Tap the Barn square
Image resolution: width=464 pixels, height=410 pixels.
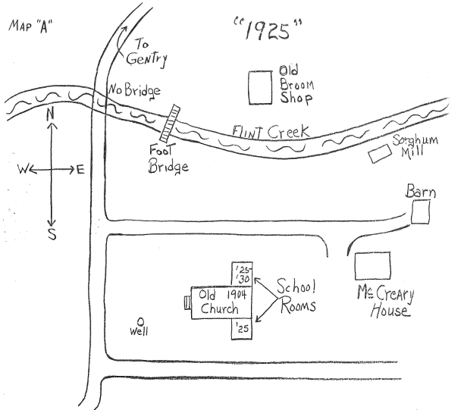[x=421, y=214]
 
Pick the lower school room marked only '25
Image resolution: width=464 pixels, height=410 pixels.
[x=240, y=327]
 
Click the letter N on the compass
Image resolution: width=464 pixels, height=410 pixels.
[x=51, y=114]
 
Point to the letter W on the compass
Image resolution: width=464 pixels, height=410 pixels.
[x=21, y=171]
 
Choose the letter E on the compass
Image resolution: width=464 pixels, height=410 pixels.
[x=80, y=170]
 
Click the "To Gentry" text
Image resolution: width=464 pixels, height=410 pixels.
[x=149, y=52]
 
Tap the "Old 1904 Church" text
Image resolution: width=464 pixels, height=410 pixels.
[x=219, y=301]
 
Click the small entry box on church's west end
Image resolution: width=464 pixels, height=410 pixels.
[x=187, y=302]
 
